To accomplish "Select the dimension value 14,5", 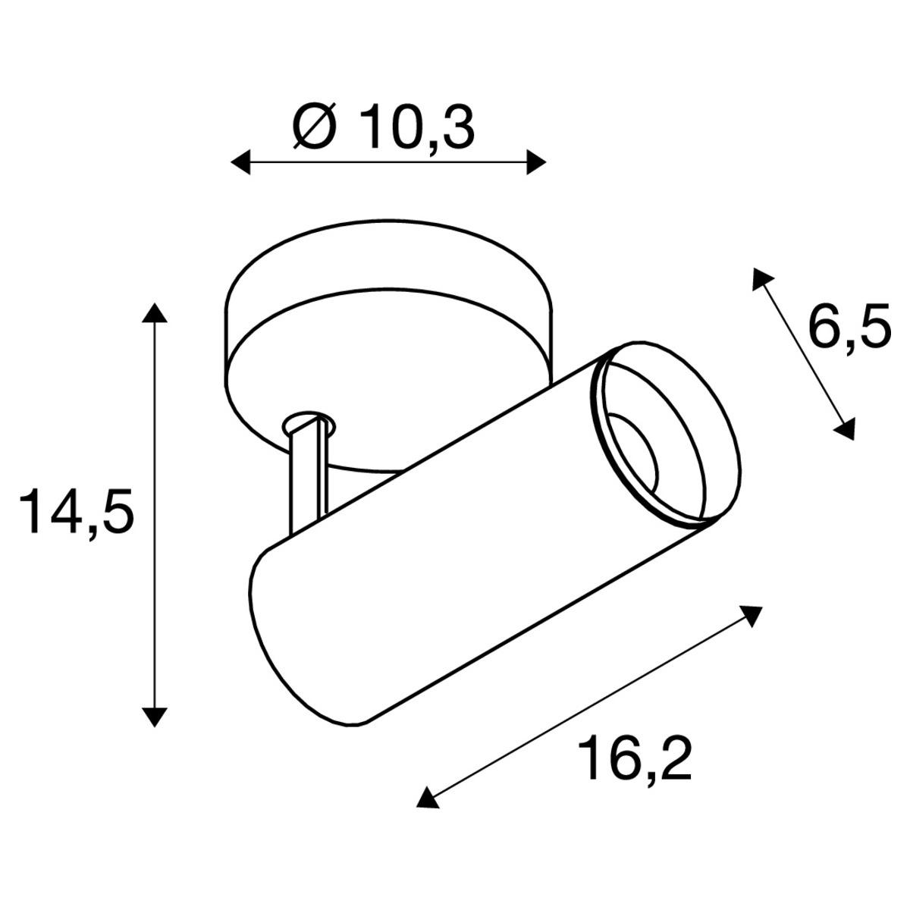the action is (x=77, y=512).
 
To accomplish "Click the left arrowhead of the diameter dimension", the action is (x=240, y=163).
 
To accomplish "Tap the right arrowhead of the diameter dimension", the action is (x=536, y=163).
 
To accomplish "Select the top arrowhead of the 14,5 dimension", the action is (x=155, y=313).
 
